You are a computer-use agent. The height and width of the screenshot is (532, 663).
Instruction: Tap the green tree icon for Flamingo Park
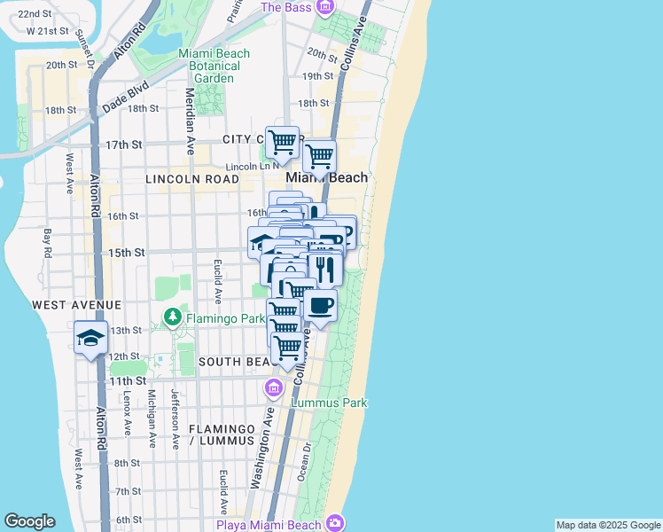pos(173,317)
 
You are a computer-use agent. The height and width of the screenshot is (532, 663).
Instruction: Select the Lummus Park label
pos(329,403)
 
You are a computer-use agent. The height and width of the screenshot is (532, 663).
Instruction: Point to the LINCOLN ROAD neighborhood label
pos(192,179)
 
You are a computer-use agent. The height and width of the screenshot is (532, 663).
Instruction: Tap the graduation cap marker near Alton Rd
pos(90,338)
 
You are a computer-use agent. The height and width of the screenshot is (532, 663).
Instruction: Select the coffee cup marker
pos(320,306)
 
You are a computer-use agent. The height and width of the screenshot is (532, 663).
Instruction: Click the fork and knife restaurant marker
pos(325,268)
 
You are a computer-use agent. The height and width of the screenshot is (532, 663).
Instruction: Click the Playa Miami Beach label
pos(269,524)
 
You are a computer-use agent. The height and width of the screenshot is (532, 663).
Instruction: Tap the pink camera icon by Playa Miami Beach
pos(334,522)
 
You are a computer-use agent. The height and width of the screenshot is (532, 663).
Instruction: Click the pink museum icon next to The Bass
pos(324,7)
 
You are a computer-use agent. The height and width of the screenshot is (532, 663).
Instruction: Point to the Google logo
pos(29,521)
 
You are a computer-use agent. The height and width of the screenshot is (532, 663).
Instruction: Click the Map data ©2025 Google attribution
pos(608,525)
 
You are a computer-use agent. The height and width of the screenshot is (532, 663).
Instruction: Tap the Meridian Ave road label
pos(189,121)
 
